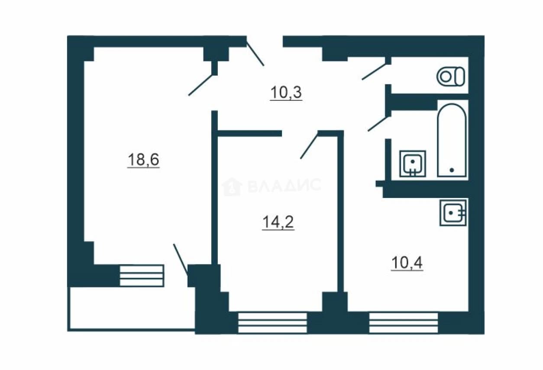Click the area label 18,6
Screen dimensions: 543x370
[x=143, y=160]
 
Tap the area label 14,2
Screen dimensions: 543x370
[x=278, y=222]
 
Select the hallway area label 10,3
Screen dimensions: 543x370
[x=286, y=92]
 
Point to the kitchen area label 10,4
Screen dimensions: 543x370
[x=407, y=263]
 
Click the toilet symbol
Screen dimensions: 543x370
[x=451, y=77]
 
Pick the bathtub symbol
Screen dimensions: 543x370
[x=452, y=140]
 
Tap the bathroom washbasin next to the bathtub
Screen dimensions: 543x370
[x=413, y=163]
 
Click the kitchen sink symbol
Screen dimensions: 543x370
[x=453, y=213]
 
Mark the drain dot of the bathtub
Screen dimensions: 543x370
[x=452, y=170]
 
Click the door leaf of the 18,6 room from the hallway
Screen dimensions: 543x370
[x=201, y=85]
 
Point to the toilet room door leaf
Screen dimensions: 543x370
[x=374, y=72]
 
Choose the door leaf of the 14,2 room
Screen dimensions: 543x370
[x=309, y=146]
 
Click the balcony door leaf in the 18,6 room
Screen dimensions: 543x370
[x=181, y=259]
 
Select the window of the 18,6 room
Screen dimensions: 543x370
[x=142, y=276]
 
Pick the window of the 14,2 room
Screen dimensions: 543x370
[x=272, y=323]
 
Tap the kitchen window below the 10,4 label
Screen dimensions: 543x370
[x=404, y=323]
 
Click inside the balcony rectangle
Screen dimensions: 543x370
[x=131, y=309]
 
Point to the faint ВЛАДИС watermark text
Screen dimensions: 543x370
[x=285, y=185]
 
